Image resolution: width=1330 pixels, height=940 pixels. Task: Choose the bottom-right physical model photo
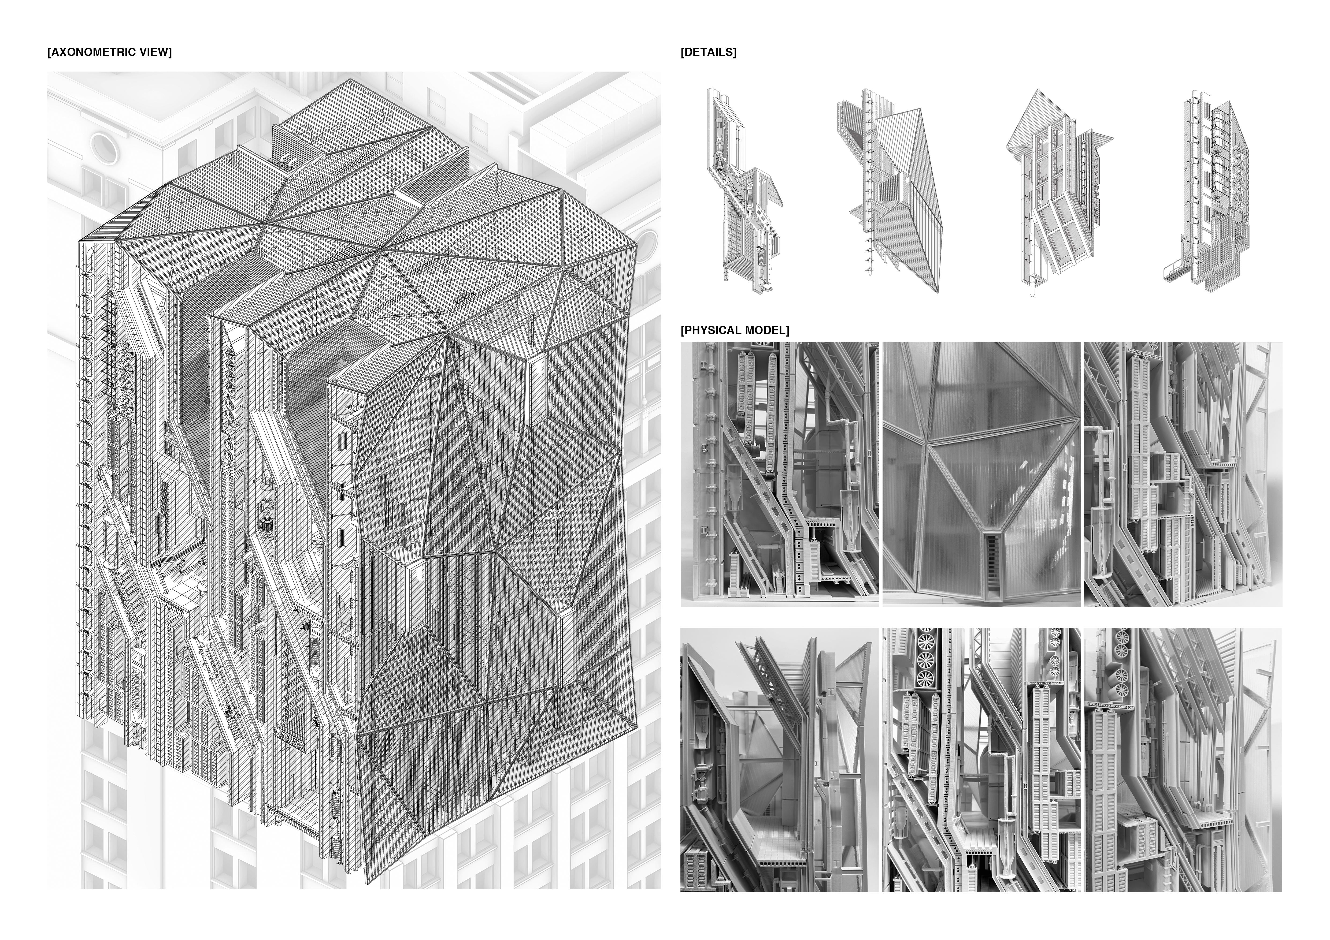point(1183,760)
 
